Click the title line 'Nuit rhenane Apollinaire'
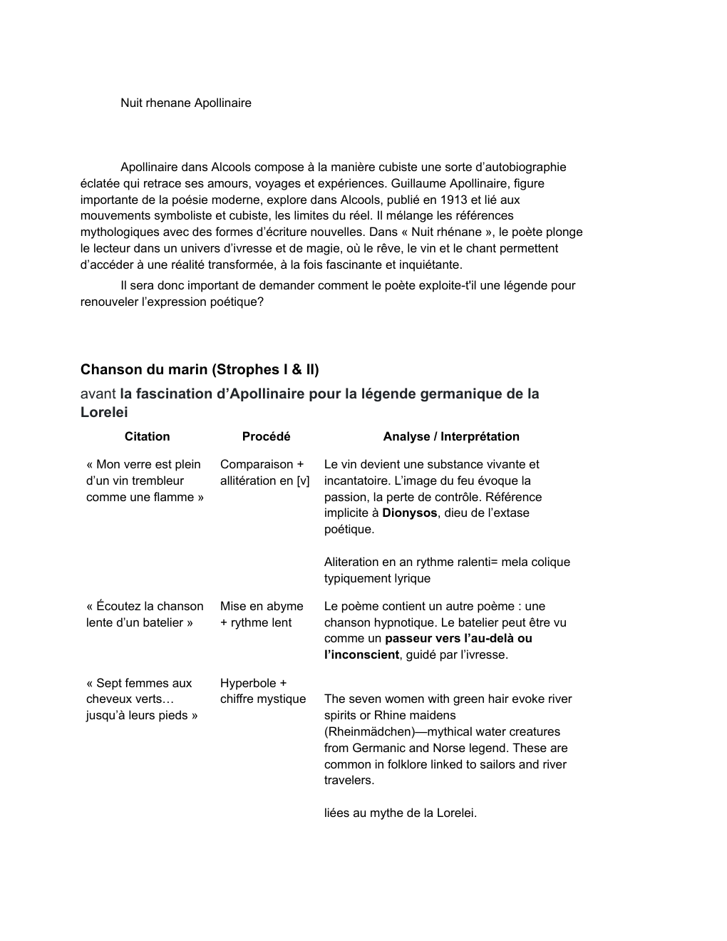coord(185,103)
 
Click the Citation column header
coord(147,436)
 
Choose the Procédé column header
coord(266,436)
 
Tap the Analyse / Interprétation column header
coord(450,436)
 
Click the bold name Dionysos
coord(409,513)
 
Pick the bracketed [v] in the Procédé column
coord(303,480)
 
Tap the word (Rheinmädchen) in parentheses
coord(370,731)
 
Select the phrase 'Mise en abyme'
coord(262,606)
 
